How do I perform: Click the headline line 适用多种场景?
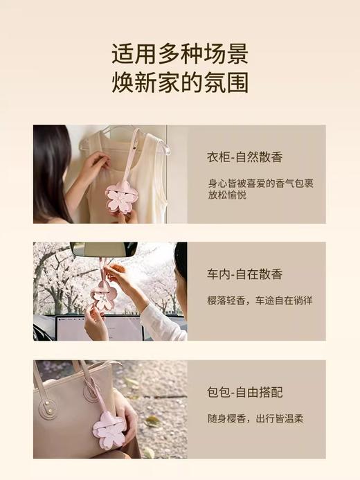[x=180, y=53]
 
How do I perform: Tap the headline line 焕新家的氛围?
[x=180, y=83]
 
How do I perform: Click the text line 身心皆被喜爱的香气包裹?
[x=261, y=184]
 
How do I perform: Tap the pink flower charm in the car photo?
[x=105, y=295]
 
